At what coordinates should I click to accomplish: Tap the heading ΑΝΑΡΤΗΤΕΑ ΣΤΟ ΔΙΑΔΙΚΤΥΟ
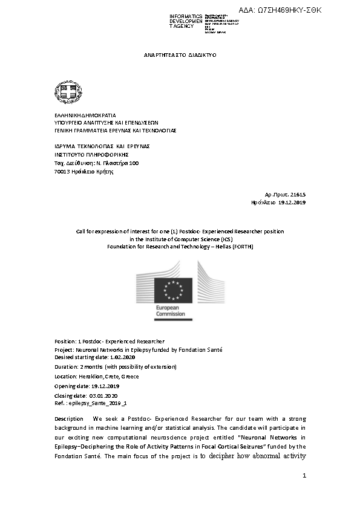click(x=180, y=55)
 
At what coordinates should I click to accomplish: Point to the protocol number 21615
click(x=298, y=194)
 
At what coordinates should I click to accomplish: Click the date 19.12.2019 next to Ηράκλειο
click(x=292, y=203)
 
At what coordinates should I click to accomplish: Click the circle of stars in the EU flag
click(x=174, y=290)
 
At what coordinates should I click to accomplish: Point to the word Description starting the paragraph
click(x=68, y=419)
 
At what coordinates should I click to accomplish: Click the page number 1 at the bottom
click(x=304, y=476)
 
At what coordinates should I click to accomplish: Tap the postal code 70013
click(x=62, y=172)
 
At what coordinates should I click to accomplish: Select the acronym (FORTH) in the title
click(x=241, y=247)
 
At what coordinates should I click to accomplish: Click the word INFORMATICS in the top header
click(x=186, y=16)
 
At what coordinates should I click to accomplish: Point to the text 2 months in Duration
click(x=93, y=367)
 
